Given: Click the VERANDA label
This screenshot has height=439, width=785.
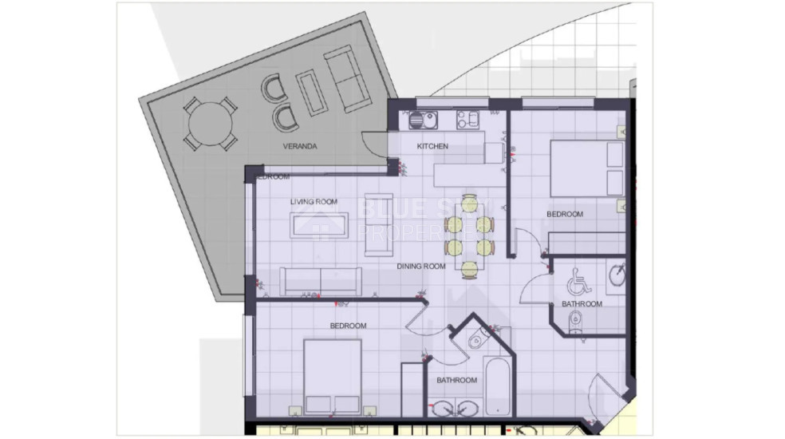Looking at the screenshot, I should coord(301,147).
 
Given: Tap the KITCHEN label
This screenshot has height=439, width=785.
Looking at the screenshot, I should coord(432,147).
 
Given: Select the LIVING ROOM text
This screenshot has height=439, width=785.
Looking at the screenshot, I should coord(314,202).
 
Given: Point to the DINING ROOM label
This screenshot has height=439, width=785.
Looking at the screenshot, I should coord(420,267).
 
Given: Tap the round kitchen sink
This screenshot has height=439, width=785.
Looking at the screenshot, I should coord(419,121).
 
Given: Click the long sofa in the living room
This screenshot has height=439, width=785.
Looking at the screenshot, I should coord(320,280).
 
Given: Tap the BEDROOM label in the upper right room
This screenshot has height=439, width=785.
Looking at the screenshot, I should coord(564,214).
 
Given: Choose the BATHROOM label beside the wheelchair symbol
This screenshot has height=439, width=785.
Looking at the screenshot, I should coord(582,304).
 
